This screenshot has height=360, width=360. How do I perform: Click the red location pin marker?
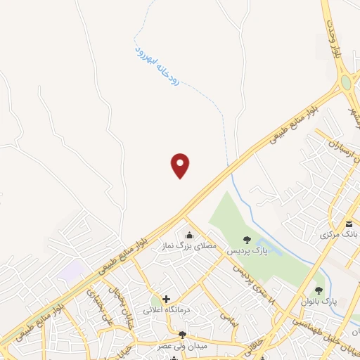pyautogui.click(x=181, y=165)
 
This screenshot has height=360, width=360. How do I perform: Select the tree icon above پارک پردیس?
pyautogui.click(x=246, y=240)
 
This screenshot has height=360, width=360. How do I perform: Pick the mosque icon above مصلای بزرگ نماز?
pyautogui.click(x=188, y=235)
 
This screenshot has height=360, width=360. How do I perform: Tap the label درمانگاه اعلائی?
pyautogui.click(x=167, y=309)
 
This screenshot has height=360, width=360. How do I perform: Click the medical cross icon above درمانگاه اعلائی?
pyautogui.click(x=166, y=299)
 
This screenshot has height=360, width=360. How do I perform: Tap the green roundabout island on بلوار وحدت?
pyautogui.click(x=346, y=83)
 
